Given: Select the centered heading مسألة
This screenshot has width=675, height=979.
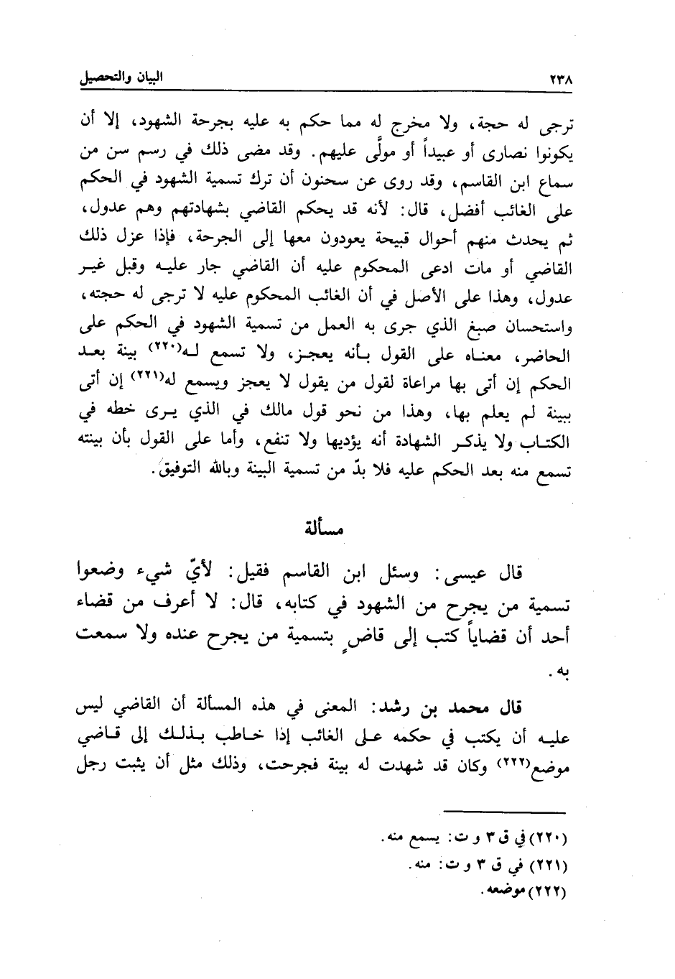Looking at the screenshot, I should point(322,531).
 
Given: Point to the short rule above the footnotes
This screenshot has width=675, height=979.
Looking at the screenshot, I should point(505,812).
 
